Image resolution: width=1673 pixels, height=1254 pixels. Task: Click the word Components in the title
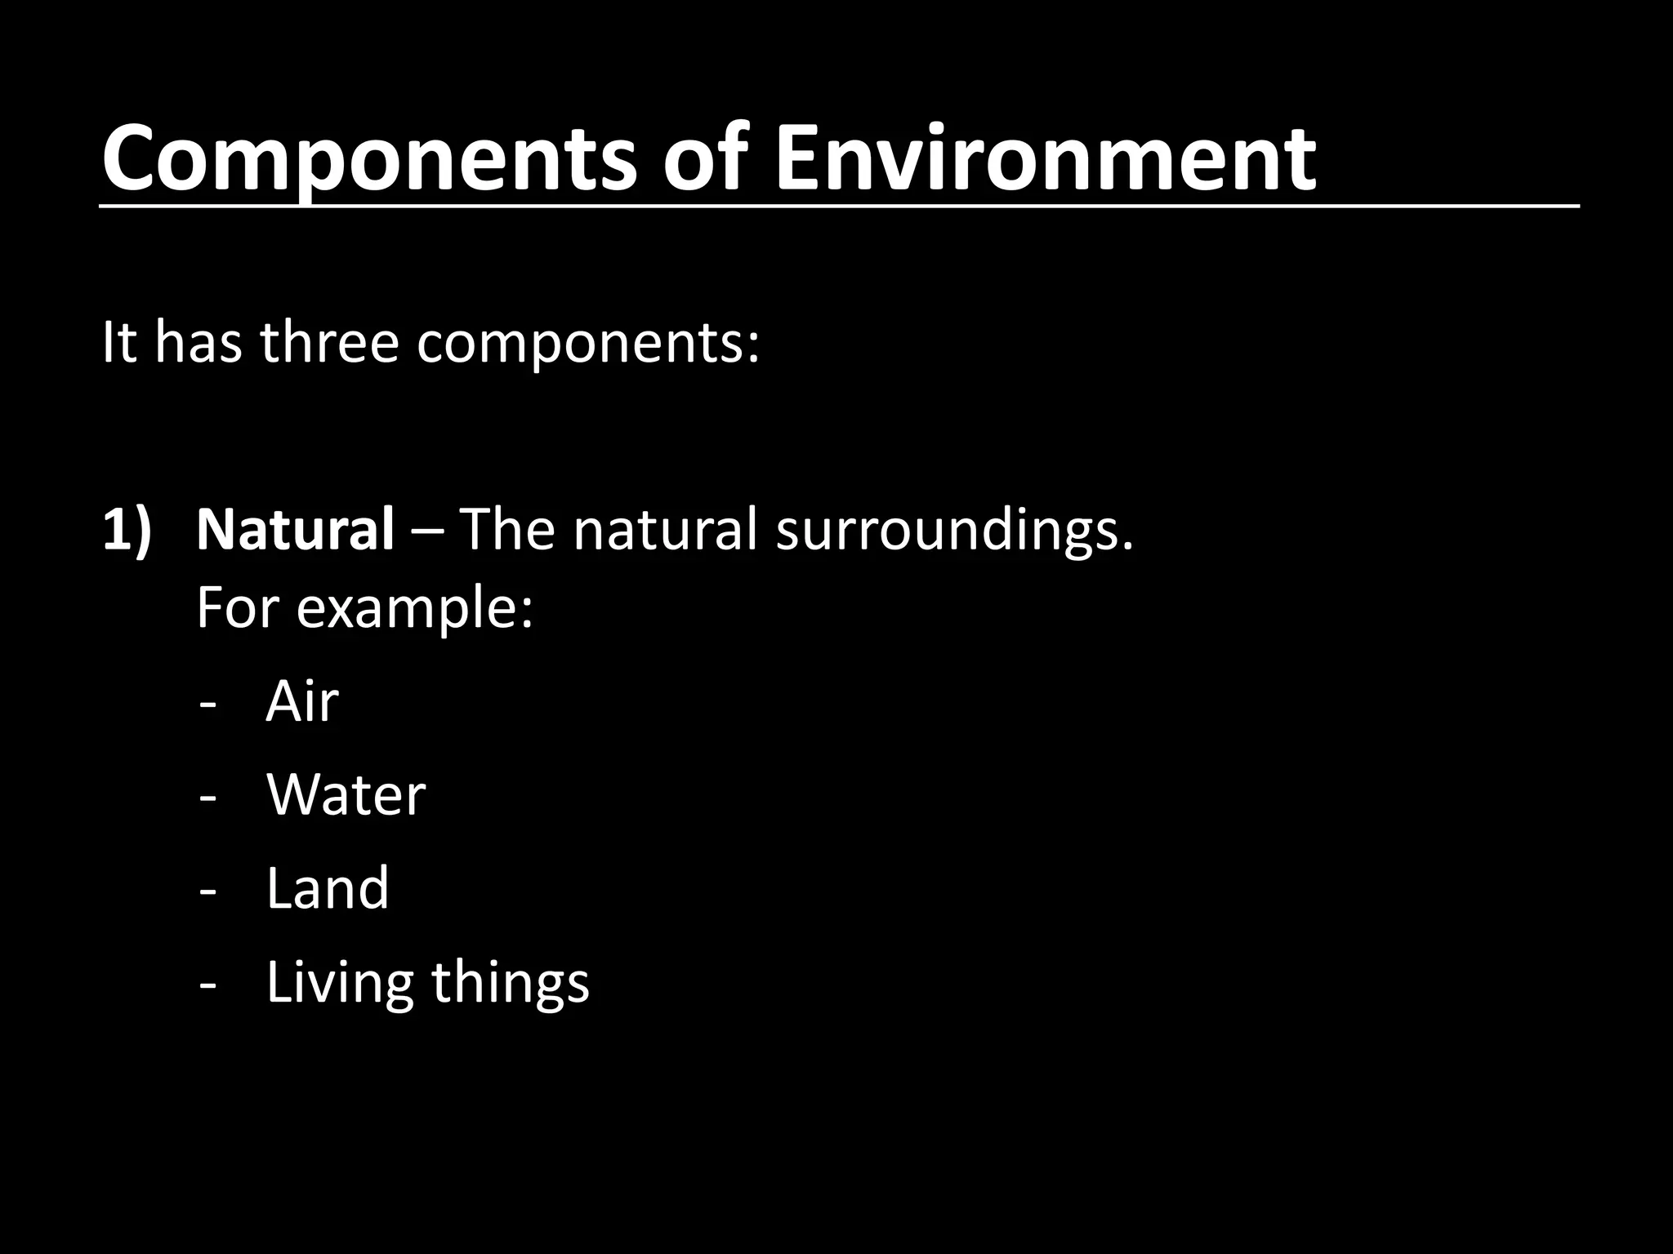click(368, 159)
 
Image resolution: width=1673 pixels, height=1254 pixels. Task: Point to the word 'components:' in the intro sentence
click(588, 345)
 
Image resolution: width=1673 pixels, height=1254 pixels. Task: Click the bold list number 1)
click(127, 531)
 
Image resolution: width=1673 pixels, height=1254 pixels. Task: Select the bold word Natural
click(295, 529)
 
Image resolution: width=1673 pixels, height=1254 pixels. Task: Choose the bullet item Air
click(302, 701)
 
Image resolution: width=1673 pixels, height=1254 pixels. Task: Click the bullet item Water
click(346, 794)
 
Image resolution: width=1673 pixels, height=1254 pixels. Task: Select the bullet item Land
click(328, 888)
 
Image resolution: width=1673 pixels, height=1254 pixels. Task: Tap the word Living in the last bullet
click(339, 984)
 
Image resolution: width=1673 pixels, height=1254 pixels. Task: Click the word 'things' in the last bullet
click(510, 984)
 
